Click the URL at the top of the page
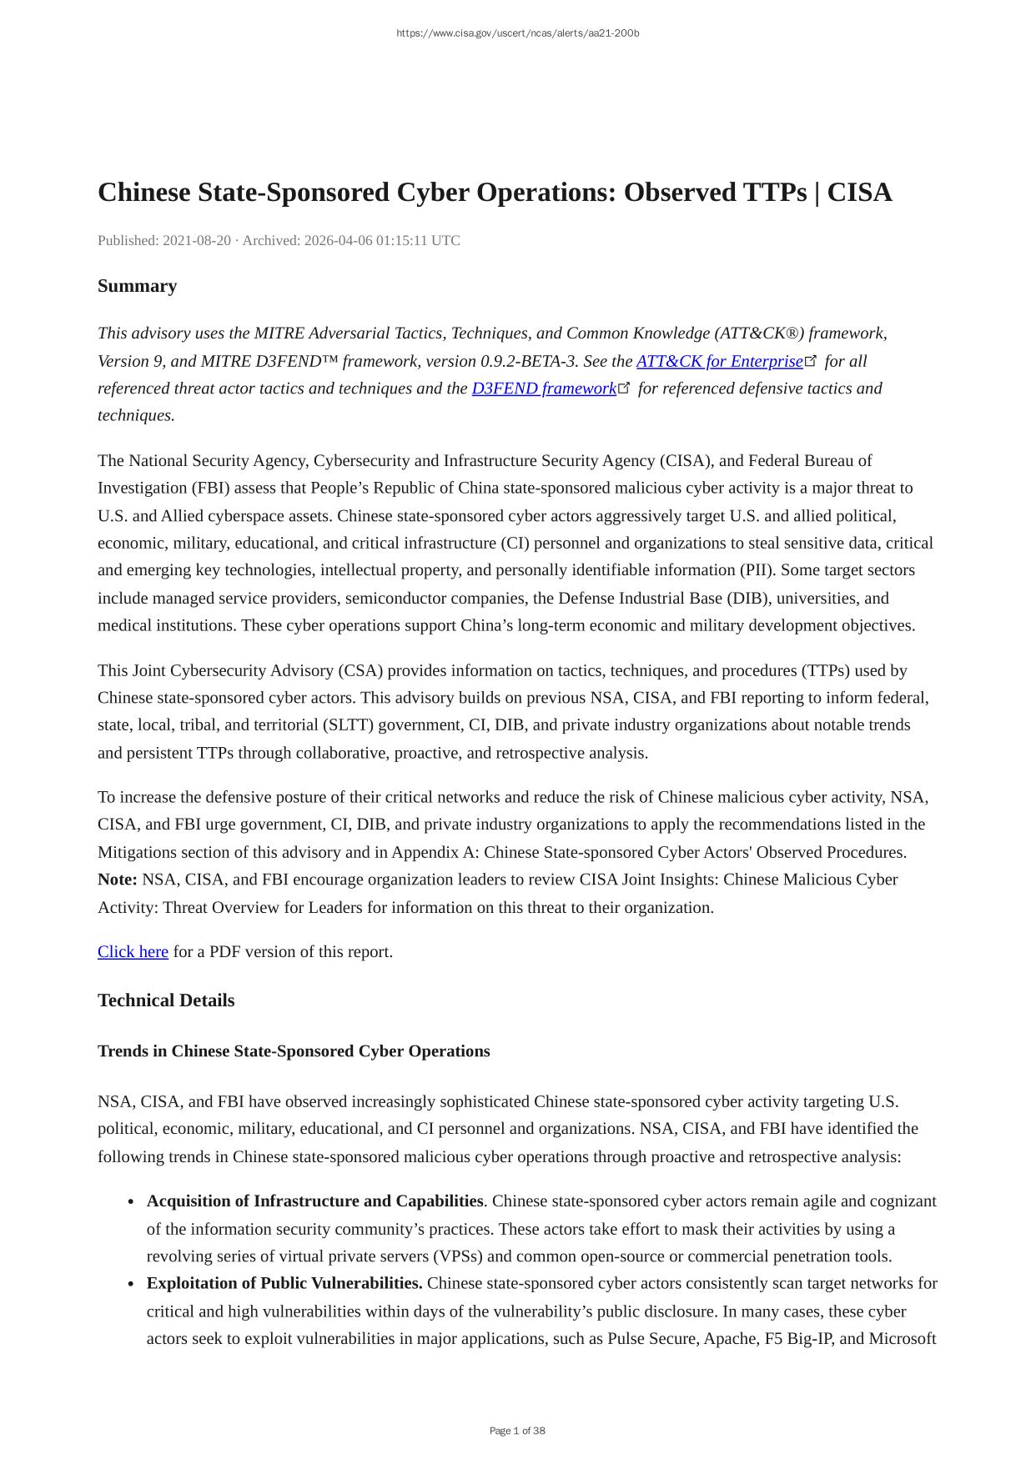tap(517, 33)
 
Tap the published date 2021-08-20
tap(196, 241)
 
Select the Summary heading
tap(137, 286)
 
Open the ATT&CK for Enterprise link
tap(719, 361)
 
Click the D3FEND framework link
tap(543, 389)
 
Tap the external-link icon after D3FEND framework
tap(624, 388)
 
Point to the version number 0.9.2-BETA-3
tap(529, 361)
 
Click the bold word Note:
tap(118, 880)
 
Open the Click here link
tap(133, 952)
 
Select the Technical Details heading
tap(166, 1000)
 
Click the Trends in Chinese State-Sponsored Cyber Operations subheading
tap(294, 1051)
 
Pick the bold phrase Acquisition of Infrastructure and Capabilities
tap(314, 1201)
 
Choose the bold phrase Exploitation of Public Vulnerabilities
tap(284, 1283)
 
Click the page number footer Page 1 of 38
tap(517, 1431)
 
